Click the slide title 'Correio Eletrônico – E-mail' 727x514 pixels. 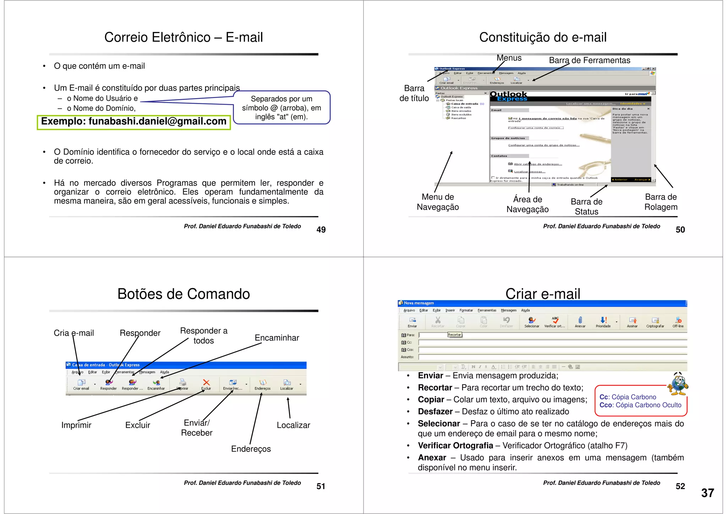[184, 37]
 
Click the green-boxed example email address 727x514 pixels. [134, 121]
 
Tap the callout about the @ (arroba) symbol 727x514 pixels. [281, 108]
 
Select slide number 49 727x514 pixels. [321, 230]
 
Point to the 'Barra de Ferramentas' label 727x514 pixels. [589, 60]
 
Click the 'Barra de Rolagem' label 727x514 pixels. [661, 202]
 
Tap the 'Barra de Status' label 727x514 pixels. [586, 206]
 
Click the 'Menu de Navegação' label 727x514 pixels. [438, 202]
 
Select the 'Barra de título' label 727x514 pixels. [414, 93]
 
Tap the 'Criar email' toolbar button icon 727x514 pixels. [81, 383]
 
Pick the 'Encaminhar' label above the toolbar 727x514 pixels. [277, 338]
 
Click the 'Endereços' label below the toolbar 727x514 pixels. [251, 449]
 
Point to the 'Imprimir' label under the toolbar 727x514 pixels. [76, 425]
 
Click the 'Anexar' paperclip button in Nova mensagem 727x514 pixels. [580, 321]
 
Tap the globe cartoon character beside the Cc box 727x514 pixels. [678, 384]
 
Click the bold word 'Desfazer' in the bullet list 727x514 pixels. [435, 412]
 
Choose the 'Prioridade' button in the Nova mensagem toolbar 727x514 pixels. [603, 321]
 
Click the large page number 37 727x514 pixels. [707, 493]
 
